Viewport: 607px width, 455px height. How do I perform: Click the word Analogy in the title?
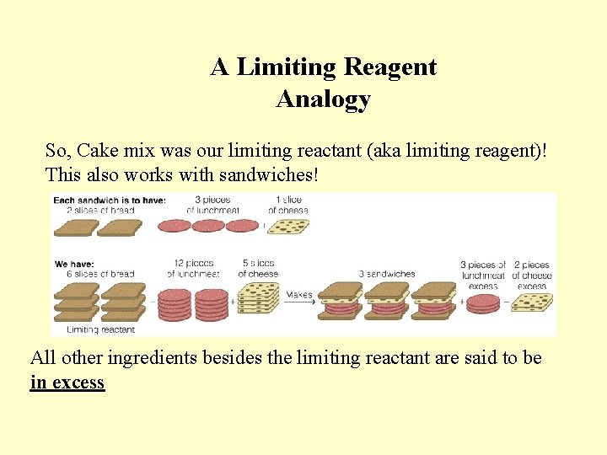(323, 99)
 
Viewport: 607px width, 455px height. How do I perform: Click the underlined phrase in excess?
(67, 383)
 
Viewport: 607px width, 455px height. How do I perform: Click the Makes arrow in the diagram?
(298, 297)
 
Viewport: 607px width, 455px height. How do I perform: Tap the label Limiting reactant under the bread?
(100, 329)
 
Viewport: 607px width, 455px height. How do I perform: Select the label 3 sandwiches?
(387, 274)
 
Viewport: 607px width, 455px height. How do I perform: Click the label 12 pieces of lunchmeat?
(193, 269)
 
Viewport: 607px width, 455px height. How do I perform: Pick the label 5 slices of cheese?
(258, 269)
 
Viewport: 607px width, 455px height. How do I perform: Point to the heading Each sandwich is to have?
(110, 200)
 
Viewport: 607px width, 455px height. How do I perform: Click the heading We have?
(74, 265)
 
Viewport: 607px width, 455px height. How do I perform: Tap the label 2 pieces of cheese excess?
(532, 276)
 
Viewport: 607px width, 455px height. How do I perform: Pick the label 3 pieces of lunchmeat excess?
(483, 276)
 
